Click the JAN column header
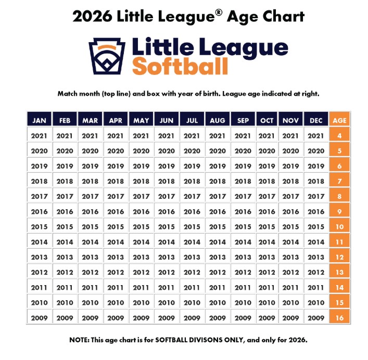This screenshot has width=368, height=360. tap(39, 120)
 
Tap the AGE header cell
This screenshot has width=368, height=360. tap(339, 120)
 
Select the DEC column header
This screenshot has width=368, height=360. tap(315, 120)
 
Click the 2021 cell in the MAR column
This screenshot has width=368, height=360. tap(90, 136)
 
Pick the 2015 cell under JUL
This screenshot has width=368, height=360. tap(192, 227)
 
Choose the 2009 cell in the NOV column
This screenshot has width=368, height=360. tap(290, 317)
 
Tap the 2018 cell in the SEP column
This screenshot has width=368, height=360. tap(243, 181)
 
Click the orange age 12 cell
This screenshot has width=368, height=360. tap(339, 257)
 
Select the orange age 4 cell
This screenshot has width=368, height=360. tap(339, 136)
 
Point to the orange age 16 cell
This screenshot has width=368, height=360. tap(339, 317)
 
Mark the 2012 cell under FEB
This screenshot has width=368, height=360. tap(65, 272)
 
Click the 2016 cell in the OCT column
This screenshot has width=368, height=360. tap(267, 212)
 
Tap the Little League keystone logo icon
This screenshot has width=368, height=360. tap(107, 56)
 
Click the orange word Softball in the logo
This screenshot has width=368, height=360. tap(180, 67)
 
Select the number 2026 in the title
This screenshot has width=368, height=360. tap(92, 16)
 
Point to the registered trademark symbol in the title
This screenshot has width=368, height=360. tap(219, 11)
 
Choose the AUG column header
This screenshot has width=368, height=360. tap(218, 120)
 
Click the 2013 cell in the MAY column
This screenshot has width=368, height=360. tap(141, 257)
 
